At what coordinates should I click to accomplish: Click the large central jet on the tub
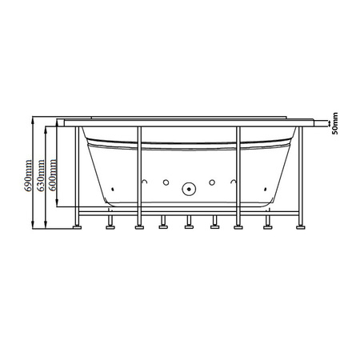(x=190, y=190)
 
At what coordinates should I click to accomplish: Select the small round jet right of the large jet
(x=213, y=184)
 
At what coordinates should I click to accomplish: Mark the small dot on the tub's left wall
(x=114, y=189)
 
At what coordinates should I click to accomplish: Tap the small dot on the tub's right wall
(x=265, y=189)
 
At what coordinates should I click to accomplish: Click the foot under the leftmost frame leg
(x=78, y=226)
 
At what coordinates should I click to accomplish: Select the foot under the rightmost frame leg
(x=302, y=226)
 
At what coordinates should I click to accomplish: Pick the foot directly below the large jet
(x=190, y=225)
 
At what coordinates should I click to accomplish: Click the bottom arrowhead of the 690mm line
(x=34, y=226)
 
